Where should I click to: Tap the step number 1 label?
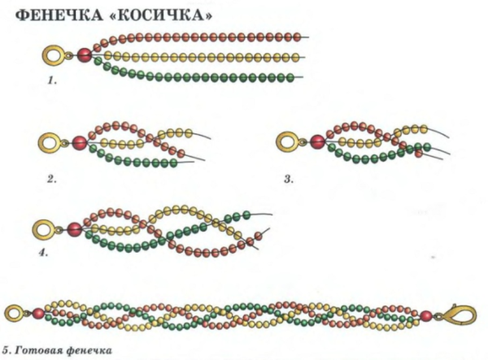point(53,81)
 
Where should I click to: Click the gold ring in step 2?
point(50,143)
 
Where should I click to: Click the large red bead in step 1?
point(84,56)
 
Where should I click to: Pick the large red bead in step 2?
point(80,142)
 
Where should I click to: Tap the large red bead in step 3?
point(316,141)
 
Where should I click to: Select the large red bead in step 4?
point(74,228)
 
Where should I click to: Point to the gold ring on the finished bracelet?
point(15,313)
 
